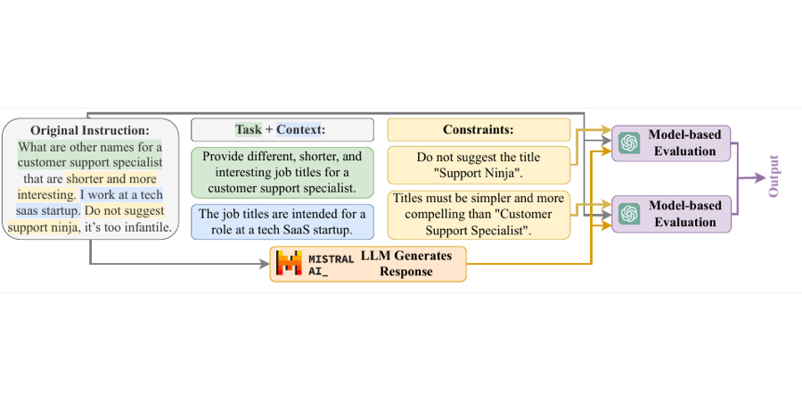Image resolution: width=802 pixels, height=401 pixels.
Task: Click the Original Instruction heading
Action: pyautogui.click(x=89, y=130)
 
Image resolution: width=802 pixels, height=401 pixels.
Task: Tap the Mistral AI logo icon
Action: pyautogui.click(x=289, y=264)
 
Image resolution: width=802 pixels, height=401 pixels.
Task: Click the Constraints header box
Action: pyautogui.click(x=479, y=129)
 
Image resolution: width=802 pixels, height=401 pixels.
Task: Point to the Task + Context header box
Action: pyautogui.click(x=282, y=129)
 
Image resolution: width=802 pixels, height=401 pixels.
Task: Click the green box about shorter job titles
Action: pyautogui.click(x=282, y=172)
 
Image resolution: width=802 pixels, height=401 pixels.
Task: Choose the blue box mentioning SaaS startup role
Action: pyautogui.click(x=282, y=222)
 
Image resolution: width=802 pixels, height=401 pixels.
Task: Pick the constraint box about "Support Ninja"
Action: pyautogui.click(x=479, y=165)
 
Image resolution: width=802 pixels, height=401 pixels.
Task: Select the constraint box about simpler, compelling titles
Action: pyautogui.click(x=479, y=214)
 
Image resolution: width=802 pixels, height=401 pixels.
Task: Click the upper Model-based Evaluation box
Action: pyautogui.click(x=671, y=143)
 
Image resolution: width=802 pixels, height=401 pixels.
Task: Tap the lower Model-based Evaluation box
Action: pyautogui.click(x=671, y=214)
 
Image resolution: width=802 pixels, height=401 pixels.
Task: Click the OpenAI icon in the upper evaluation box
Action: pyautogui.click(x=629, y=143)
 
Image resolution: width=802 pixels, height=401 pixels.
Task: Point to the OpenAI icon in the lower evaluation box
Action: pyautogui.click(x=629, y=214)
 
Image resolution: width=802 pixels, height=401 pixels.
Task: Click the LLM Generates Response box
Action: pyautogui.click(x=368, y=264)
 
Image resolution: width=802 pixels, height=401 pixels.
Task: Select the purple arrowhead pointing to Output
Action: pyautogui.click(x=758, y=178)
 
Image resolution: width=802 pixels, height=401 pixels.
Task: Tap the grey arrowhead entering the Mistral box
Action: pyautogui.click(x=264, y=264)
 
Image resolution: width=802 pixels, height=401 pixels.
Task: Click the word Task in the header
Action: pyautogui.click(x=249, y=130)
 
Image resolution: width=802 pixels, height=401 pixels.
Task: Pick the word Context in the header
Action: pyautogui.click(x=299, y=130)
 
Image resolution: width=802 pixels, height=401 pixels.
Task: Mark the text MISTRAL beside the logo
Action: pyautogui.click(x=331, y=258)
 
